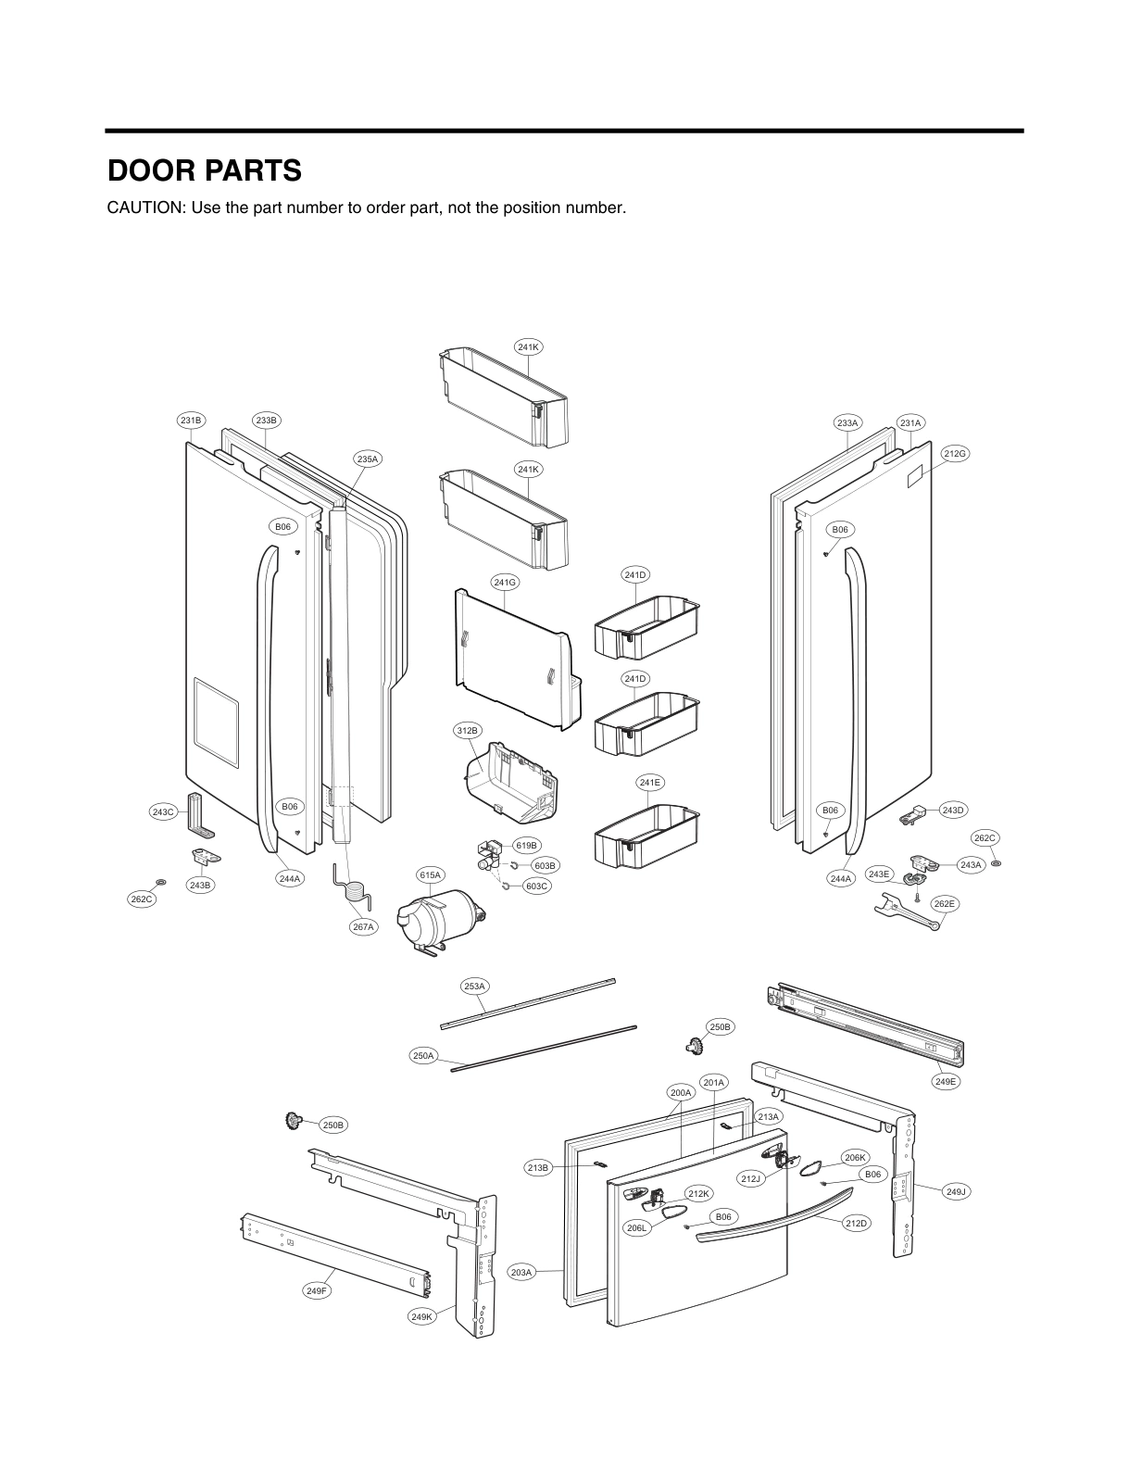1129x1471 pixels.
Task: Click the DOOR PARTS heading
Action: (205, 171)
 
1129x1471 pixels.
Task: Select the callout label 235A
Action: (368, 459)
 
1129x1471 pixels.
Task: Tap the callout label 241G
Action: (505, 583)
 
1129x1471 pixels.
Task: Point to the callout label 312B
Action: (468, 731)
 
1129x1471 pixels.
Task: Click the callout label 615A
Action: (431, 874)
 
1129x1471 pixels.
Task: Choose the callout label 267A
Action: (363, 926)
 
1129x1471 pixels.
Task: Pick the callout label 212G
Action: (955, 453)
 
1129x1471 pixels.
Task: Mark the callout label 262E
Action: (945, 903)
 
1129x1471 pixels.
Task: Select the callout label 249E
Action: (946, 1081)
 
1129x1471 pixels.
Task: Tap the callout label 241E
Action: (650, 783)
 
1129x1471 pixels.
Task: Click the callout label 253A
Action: (474, 986)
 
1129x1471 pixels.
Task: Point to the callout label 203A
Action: (521, 1273)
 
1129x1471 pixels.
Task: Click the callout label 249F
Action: (317, 1290)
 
